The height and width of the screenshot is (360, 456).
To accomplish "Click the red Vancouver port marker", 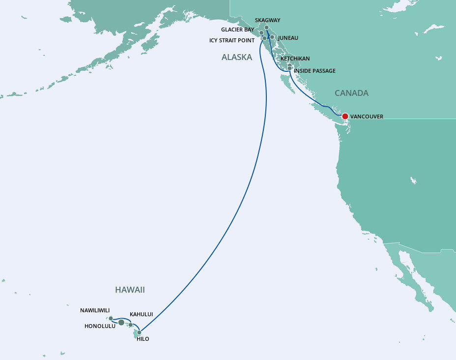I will [x=345, y=117].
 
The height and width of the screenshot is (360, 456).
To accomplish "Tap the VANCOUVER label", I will [x=367, y=117].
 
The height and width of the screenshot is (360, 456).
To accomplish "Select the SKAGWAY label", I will [x=268, y=20].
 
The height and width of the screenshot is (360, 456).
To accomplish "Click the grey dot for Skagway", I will [x=266, y=28].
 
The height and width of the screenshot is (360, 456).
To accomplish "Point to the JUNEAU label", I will [x=288, y=38].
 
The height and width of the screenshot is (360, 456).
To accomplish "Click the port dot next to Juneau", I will [x=272, y=37].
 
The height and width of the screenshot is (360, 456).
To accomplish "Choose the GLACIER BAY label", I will [x=238, y=30].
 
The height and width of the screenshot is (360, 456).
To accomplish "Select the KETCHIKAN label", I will [x=295, y=59].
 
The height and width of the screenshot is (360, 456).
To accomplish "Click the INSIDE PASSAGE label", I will [x=314, y=71].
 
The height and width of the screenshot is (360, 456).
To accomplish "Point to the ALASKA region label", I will [x=237, y=57].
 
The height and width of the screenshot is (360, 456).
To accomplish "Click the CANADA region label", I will [x=351, y=93].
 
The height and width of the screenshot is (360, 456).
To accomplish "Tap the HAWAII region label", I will [x=130, y=290].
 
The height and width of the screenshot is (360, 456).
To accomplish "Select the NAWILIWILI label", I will [x=98, y=310].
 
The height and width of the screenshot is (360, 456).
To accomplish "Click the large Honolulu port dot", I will [x=121, y=322].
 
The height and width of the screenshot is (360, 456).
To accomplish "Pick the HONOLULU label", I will [x=100, y=326].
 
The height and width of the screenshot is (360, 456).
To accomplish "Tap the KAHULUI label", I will [x=142, y=314].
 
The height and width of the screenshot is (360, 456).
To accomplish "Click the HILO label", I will [x=143, y=339].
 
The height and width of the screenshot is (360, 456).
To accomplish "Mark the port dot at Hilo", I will [x=139, y=332].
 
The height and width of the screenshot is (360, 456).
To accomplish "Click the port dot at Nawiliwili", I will [x=111, y=318].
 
